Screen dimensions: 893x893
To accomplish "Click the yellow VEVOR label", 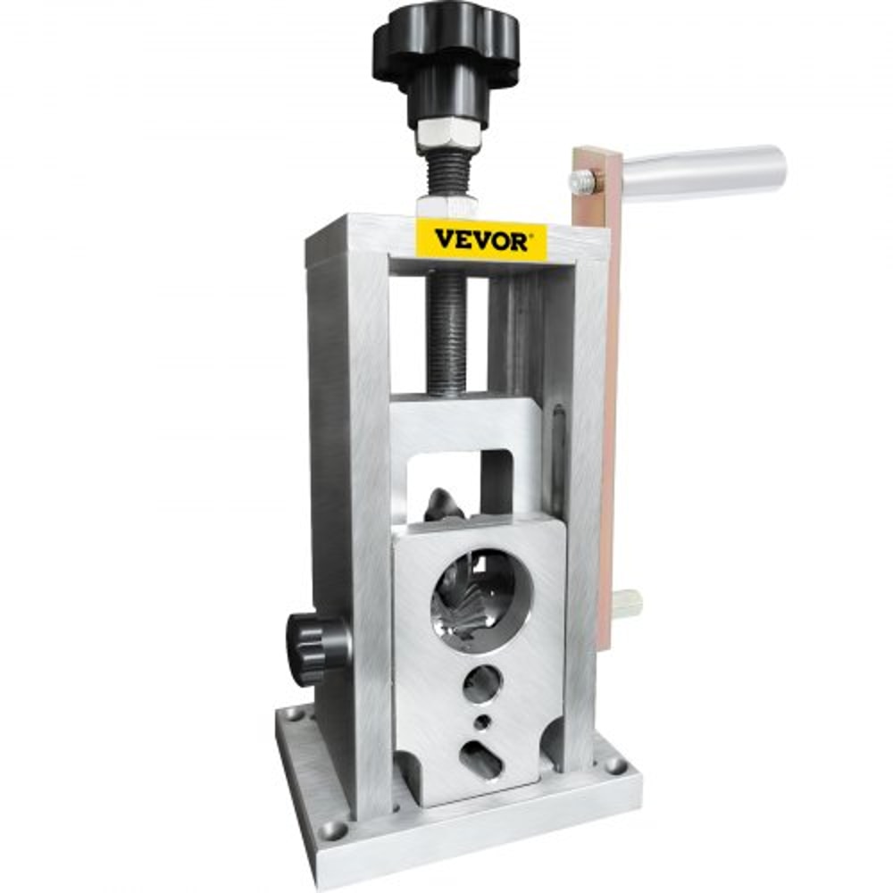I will click(482, 239).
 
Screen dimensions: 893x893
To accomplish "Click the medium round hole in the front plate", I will click(482, 684).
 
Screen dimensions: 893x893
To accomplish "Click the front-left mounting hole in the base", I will click(332, 830).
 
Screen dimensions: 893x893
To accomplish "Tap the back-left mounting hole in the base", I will click(294, 714).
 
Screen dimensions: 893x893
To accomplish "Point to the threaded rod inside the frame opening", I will click(452, 330).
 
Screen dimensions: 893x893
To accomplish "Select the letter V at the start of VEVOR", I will click(445, 240).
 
